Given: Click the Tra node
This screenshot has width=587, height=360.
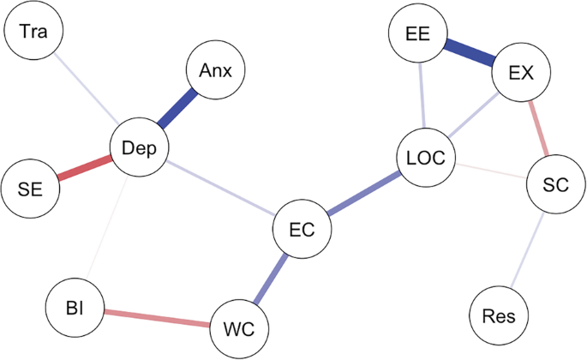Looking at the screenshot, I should tap(33, 34).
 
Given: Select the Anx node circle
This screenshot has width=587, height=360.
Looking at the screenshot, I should tap(216, 70).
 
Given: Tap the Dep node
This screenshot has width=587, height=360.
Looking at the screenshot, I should tap(140, 148).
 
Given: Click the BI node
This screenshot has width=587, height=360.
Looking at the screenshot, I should tap(75, 305).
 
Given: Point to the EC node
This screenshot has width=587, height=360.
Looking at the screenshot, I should tap(302, 230).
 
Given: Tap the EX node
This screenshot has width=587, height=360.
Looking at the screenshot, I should tap(521, 73).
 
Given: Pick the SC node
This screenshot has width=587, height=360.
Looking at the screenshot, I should tap(554, 183).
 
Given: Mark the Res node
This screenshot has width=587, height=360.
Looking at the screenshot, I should tap(500, 316).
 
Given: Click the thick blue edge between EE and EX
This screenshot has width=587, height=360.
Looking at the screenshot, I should tap(468, 53).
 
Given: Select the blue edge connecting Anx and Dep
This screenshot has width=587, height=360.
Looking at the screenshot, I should tap(177, 110).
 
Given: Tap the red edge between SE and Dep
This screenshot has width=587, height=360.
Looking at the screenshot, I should tap(85, 167).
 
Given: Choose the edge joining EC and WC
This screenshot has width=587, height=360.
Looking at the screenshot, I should tap(271, 278).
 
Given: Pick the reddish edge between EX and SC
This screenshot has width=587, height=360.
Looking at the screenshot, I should tap(537, 127).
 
